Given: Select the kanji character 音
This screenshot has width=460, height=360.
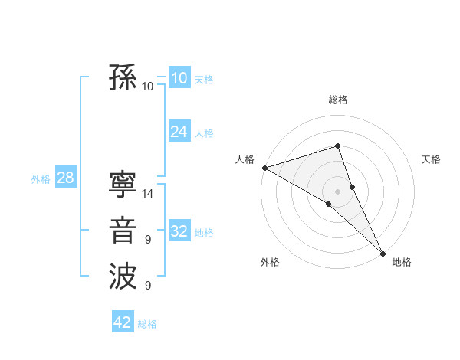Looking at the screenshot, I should point(123,231).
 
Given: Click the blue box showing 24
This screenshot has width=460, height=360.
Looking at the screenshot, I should point(179,132).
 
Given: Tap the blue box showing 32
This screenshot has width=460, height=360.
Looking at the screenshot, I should point(179,231).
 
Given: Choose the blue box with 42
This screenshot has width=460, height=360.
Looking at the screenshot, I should point(123,322).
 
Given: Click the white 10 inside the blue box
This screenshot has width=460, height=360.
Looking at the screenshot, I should point(179,77).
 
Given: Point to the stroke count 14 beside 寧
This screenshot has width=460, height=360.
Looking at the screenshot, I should point(148,194).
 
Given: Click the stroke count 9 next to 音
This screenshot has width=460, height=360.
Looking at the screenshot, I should point(148,241).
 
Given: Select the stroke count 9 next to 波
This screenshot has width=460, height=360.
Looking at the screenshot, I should point(148,286).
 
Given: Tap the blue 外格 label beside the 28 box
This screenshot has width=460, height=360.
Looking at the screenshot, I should point(41,179).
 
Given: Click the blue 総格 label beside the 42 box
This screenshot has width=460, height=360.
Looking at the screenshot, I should point(147,324).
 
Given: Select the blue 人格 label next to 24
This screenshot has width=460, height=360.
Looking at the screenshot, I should point(204,133).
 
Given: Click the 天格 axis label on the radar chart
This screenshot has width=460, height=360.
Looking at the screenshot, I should point(432,159).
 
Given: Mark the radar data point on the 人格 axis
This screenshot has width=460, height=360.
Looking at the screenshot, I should point(264,167).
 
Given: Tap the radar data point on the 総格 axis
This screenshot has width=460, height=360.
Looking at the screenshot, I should point(337,146).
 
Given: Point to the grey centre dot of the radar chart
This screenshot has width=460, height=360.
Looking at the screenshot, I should point(337,191).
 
